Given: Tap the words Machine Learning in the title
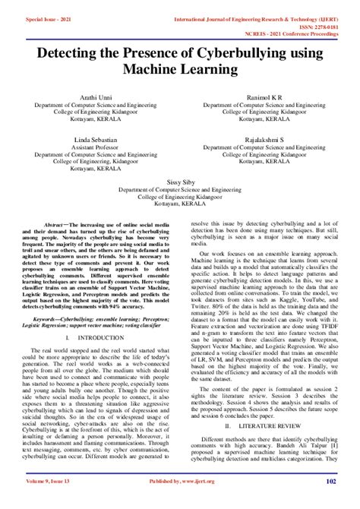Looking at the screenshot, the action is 180,68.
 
